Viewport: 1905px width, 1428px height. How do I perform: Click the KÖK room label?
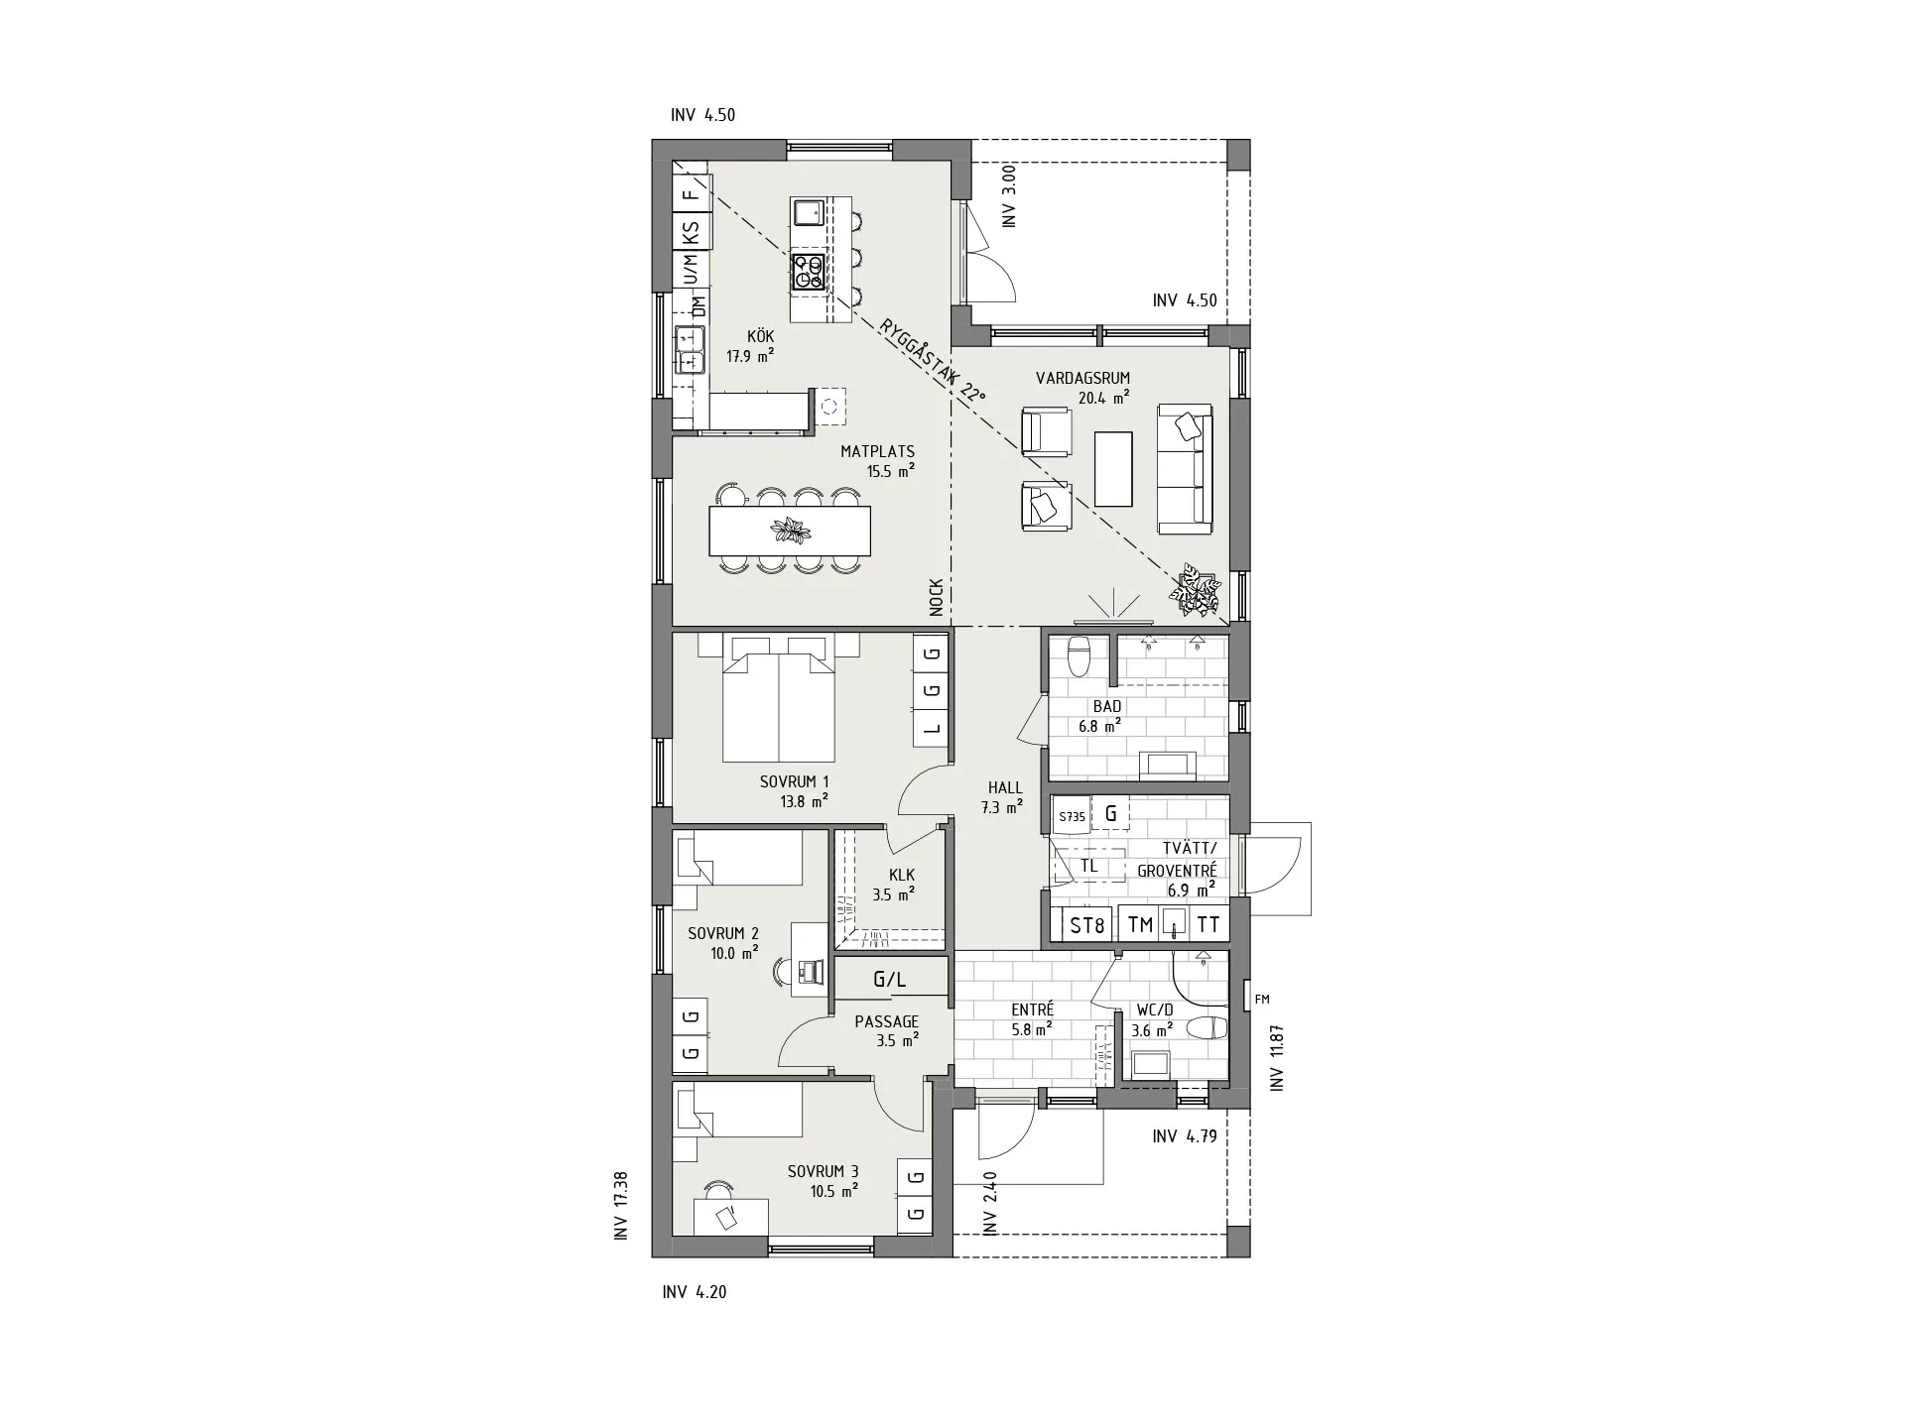click(x=760, y=337)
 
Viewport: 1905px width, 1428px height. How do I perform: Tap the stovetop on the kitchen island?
click(x=809, y=272)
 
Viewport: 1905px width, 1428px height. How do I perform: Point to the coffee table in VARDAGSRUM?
click(x=1112, y=469)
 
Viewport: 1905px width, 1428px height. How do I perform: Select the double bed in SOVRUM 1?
click(x=779, y=706)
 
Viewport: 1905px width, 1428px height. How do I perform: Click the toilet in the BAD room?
click(x=1077, y=654)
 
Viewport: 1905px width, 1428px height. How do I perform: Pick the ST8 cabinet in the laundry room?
click(x=1086, y=925)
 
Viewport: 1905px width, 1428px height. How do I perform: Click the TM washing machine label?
click(x=1140, y=925)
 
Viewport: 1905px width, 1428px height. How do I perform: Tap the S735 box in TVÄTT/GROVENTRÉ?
click(x=1072, y=816)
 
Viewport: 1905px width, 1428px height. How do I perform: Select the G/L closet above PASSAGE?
click(x=889, y=979)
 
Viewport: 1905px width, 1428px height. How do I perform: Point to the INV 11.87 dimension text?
click(x=1277, y=1058)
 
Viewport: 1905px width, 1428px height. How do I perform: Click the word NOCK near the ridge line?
click(x=936, y=598)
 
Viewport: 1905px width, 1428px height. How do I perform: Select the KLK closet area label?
click(x=902, y=875)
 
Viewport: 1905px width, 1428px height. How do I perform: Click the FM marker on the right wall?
click(x=1262, y=1000)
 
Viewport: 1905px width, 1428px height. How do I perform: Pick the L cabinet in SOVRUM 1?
click(x=931, y=728)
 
